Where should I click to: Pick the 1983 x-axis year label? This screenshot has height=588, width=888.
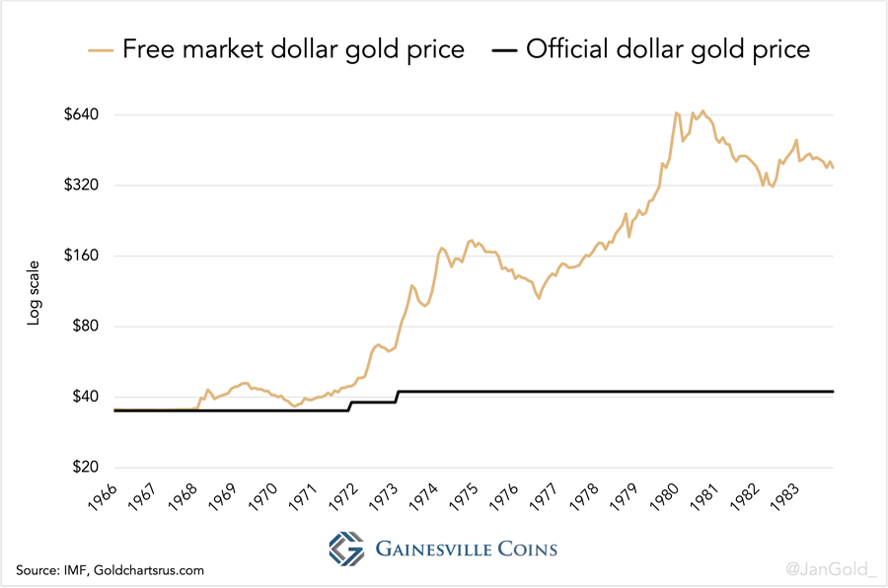pyautogui.click(x=789, y=500)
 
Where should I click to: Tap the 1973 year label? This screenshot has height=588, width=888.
pyautogui.click(x=385, y=500)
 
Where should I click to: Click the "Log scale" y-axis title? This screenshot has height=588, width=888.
pyautogui.click(x=34, y=292)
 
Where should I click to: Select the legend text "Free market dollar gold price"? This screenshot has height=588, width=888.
pyautogui.click(x=293, y=49)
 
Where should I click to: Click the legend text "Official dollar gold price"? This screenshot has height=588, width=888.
pyautogui.click(x=668, y=49)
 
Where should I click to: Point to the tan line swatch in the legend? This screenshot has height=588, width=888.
pyautogui.click(x=101, y=49)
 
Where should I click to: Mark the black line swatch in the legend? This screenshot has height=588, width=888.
pyautogui.click(x=501, y=49)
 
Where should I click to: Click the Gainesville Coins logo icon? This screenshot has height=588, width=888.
pyautogui.click(x=346, y=549)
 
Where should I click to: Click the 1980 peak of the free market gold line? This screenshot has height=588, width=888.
pyautogui.click(x=676, y=112)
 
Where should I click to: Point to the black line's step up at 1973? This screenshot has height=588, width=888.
pyautogui.click(x=397, y=397)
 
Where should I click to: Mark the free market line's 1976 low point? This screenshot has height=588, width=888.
pyautogui.click(x=539, y=298)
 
